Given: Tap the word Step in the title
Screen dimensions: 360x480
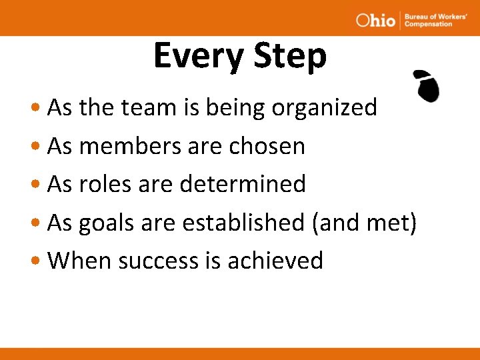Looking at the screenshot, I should click(x=289, y=57).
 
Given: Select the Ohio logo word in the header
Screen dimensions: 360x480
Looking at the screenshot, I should click(x=375, y=20).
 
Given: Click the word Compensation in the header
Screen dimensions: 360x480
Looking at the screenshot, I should click(x=428, y=24).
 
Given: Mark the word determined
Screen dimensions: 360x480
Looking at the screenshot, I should click(x=243, y=184).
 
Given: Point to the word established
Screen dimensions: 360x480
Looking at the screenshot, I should click(x=243, y=223).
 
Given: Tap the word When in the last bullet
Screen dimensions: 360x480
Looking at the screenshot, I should click(x=79, y=261).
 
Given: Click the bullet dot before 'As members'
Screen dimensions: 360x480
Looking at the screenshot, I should click(x=39, y=147).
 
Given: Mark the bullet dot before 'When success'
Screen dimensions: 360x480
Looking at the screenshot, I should click(x=39, y=261).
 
